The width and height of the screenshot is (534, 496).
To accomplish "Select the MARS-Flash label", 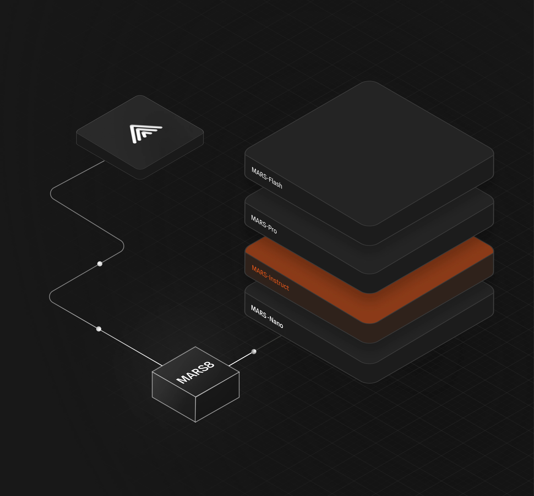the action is pyautogui.click(x=267, y=178).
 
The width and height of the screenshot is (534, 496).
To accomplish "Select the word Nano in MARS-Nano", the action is pyautogui.click(x=276, y=322).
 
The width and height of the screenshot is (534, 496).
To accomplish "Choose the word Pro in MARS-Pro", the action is pyautogui.click(x=272, y=229).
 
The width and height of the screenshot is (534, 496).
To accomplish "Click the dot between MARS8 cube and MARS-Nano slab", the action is pyautogui.click(x=254, y=351).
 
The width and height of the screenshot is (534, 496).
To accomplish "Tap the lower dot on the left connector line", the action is pyautogui.click(x=99, y=329).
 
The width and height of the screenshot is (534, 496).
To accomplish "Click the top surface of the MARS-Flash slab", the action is pyautogui.click(x=369, y=153).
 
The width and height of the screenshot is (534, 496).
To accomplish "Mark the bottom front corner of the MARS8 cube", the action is pyautogui.click(x=195, y=422).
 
